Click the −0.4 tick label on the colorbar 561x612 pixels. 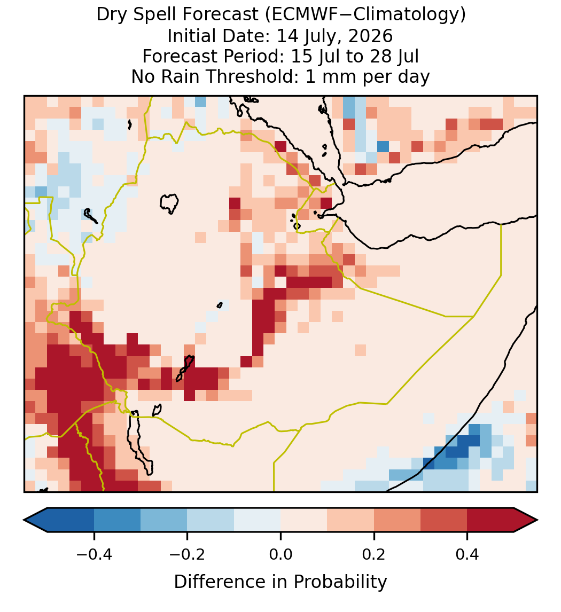pos(94,554)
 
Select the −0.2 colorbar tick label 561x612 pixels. pos(188,554)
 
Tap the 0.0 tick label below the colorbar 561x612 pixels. pos(280,554)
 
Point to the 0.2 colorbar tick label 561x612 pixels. pos(374,554)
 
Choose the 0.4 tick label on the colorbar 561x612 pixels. pos(467,554)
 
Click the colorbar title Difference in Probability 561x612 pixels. pos(280,582)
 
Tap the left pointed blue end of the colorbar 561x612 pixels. pos(35,520)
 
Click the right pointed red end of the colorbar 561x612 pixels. pos(526,520)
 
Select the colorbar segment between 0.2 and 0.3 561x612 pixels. pos(397,520)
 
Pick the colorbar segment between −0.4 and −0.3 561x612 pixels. pos(117,520)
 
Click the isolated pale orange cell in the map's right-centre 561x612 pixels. pos(360,350)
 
